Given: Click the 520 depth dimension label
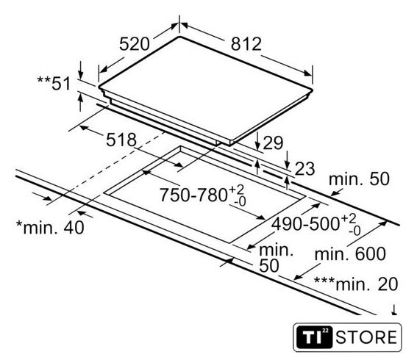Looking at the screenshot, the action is [x=135, y=44].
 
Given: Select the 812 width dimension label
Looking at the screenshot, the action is [x=246, y=44].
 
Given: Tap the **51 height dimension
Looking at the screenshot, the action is [x=54, y=83].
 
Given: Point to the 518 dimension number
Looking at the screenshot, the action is [x=121, y=140].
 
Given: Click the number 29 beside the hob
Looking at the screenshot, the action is [x=273, y=143].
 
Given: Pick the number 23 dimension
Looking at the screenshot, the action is [x=304, y=169].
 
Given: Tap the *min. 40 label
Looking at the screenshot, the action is [x=50, y=228].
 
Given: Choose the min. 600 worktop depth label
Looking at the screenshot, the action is [x=350, y=254].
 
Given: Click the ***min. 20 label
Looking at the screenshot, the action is [x=356, y=284].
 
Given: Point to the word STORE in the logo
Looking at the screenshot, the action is [x=366, y=337].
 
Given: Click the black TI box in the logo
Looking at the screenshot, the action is [x=314, y=337].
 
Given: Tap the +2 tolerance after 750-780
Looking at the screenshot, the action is [x=237, y=190].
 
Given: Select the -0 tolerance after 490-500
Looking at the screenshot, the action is [x=354, y=231].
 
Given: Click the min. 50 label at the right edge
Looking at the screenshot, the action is [x=359, y=179].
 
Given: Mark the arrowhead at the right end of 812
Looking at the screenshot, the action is [x=308, y=73].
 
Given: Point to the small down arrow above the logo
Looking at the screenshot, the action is [x=394, y=310].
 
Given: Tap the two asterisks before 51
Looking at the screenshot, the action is [x=43, y=79].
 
